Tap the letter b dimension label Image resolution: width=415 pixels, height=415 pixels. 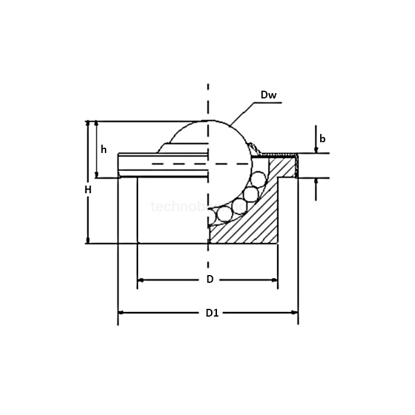point(323,139)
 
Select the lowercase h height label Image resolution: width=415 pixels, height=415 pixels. point(104,149)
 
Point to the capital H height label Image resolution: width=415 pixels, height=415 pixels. point(88,190)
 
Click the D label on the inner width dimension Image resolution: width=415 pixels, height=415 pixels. point(209,279)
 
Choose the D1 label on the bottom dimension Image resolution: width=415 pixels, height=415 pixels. point(212,313)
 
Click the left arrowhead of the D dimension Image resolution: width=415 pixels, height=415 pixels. point(141,279)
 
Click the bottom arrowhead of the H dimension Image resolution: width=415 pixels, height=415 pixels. point(88,240)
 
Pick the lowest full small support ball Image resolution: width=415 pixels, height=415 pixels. point(225,214)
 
